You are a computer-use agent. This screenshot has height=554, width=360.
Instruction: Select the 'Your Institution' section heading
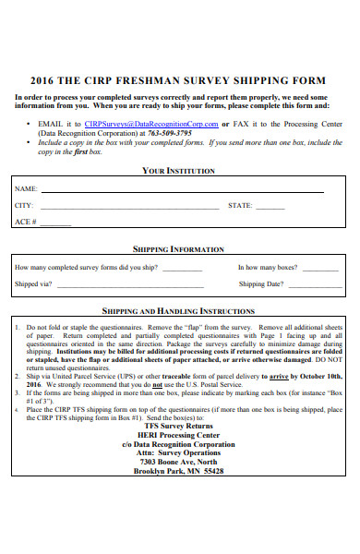(179, 171)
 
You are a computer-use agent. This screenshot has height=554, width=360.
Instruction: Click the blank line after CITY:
(129, 208)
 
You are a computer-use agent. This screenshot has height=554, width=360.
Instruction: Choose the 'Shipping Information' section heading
(179, 249)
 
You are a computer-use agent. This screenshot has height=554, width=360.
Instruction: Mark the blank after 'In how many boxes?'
(322, 269)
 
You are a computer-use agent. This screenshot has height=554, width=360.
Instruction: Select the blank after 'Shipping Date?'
(306, 286)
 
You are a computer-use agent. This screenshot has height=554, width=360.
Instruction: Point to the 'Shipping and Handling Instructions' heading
(179, 311)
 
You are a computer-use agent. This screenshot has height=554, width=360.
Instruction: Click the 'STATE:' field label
(240, 206)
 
